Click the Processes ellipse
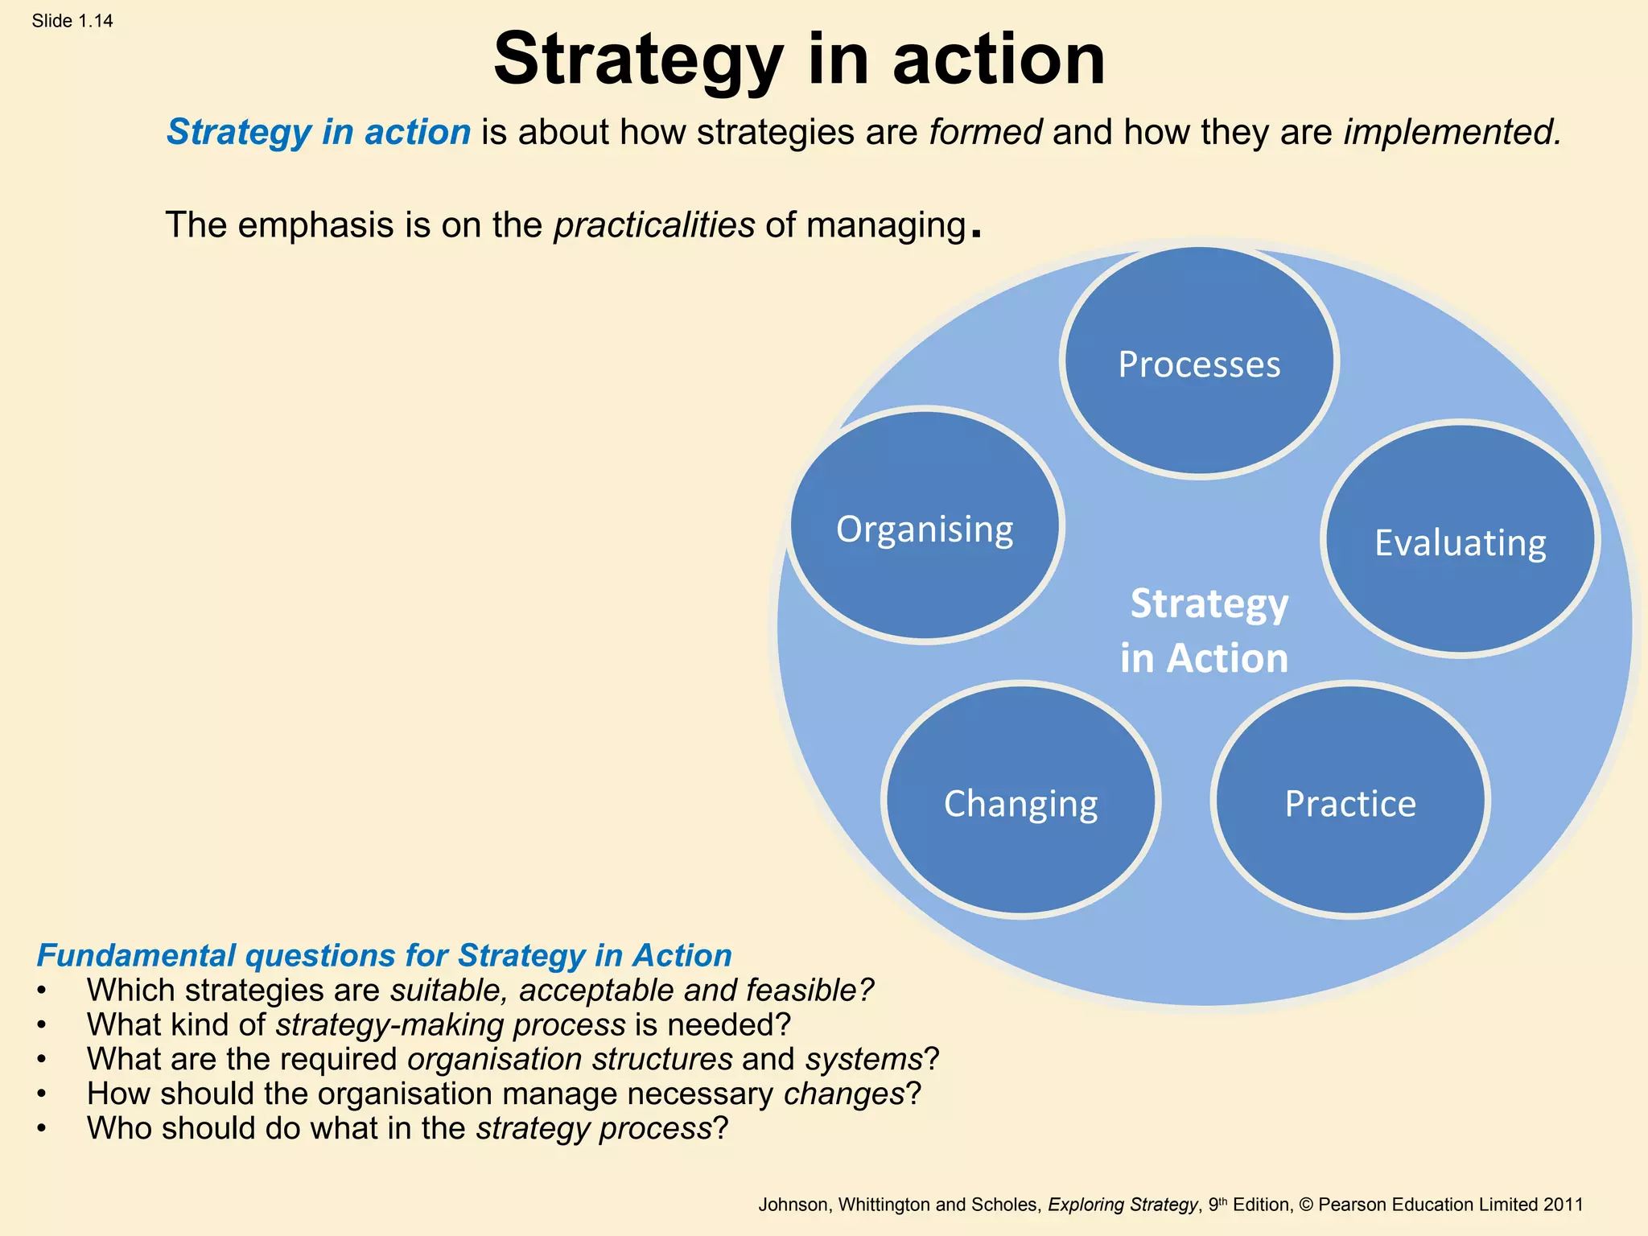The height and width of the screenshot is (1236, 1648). pos(1199,364)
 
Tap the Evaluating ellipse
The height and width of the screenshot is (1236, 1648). pos(1460,541)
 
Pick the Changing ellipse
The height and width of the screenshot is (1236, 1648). pos(1020,801)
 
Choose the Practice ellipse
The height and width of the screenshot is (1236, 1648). pos(1350,801)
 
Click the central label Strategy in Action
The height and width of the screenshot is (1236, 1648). pos(1205,630)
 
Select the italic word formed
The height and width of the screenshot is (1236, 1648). pos(986,132)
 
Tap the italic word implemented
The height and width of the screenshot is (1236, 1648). pos(1452,132)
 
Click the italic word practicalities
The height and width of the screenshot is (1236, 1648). pos(654,225)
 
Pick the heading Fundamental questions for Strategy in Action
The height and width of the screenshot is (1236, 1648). pos(385,955)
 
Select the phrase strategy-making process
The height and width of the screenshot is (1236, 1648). pos(451,1024)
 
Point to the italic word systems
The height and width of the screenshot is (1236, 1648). pos(864,1059)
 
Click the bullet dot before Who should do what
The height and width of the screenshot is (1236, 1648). pos(41,1128)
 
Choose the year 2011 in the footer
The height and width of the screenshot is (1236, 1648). pos(1563,1205)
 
